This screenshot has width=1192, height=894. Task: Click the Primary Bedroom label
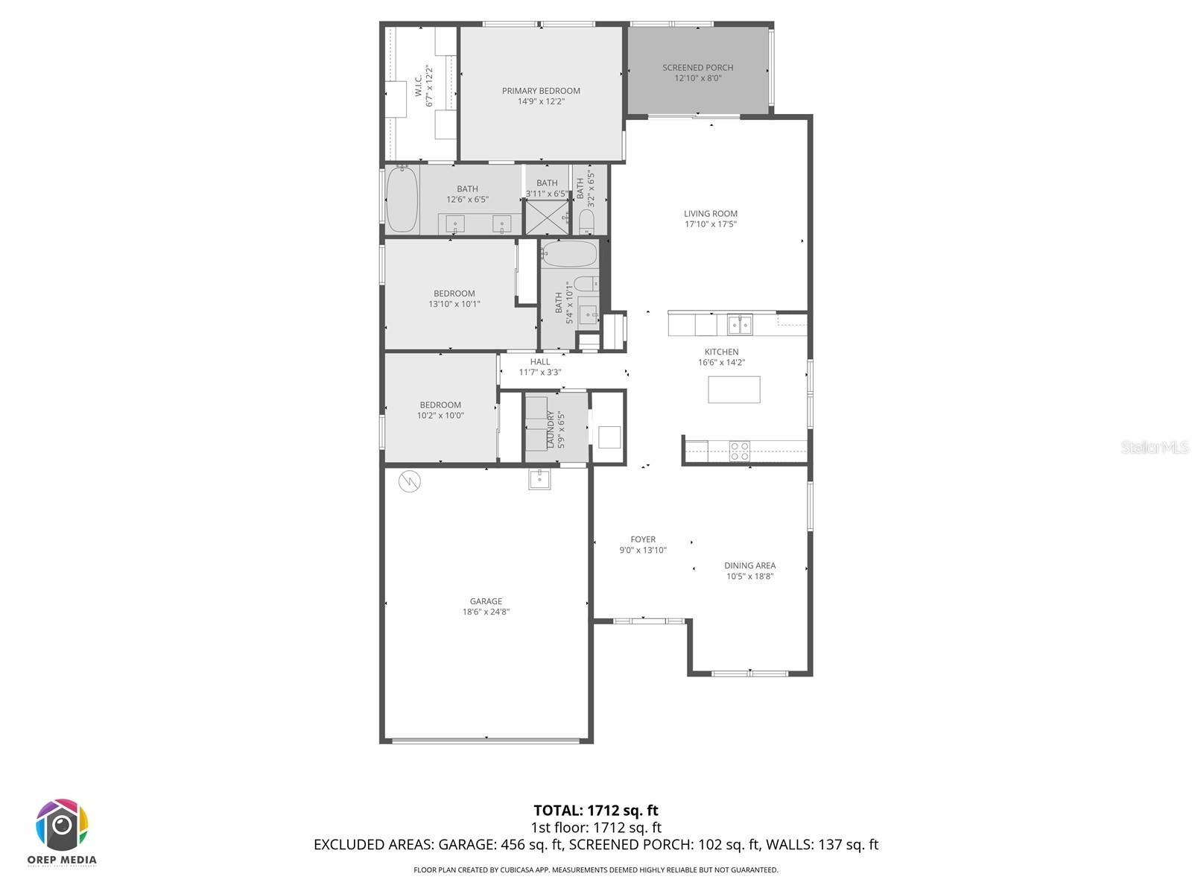541,91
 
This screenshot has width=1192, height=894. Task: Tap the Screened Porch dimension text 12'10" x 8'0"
698,78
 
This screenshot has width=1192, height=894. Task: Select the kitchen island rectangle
734,390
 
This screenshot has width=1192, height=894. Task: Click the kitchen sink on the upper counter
740,324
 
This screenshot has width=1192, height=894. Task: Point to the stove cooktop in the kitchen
739,449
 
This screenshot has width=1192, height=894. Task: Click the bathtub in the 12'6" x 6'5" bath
402,200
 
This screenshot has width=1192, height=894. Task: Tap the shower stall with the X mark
546,218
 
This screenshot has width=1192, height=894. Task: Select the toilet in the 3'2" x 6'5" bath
587,221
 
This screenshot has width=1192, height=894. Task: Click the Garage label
486,601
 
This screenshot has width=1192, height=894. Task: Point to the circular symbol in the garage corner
409,481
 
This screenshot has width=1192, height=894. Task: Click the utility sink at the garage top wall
539,479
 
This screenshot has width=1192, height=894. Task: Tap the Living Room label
711,214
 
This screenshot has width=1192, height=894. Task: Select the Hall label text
540,362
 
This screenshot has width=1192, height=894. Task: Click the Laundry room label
551,429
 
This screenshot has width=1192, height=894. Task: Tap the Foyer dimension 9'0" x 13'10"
643,551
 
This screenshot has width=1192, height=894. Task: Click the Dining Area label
749,565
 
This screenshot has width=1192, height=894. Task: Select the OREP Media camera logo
63,825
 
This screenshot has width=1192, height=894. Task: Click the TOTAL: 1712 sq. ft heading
596,811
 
